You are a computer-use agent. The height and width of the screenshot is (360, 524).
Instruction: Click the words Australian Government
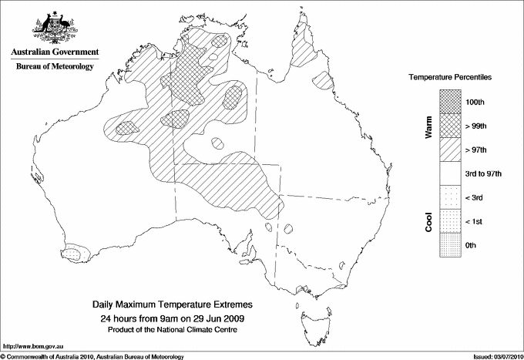pyautogui.click(x=55, y=52)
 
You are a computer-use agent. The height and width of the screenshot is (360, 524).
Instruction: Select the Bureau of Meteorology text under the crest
pyautogui.click(x=55, y=66)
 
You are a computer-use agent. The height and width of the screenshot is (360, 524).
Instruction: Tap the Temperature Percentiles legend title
pyautogui.click(x=450, y=79)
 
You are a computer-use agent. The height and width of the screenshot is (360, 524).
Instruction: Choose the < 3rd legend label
pyautogui.click(x=475, y=197)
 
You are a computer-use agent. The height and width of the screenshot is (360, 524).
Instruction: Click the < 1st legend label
pyautogui.click(x=475, y=221)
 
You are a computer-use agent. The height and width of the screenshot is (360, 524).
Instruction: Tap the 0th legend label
pyautogui.click(x=472, y=245)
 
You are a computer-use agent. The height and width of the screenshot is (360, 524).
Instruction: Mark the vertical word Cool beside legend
pyautogui.click(x=428, y=221)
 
